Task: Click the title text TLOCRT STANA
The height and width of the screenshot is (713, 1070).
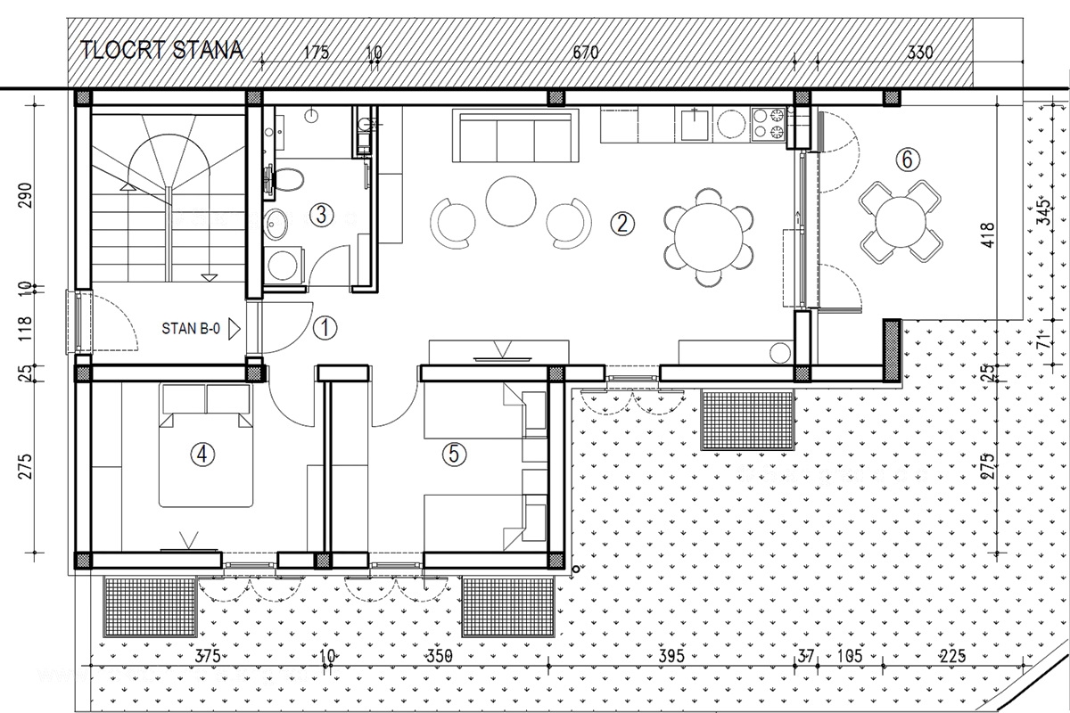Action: tap(161, 51)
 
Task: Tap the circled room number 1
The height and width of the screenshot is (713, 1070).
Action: tap(325, 328)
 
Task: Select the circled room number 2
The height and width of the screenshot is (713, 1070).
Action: tap(622, 223)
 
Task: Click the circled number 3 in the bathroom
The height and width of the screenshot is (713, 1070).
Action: tap(321, 215)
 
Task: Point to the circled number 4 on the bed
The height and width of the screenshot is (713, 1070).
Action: tap(202, 455)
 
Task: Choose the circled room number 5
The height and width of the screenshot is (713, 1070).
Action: tap(454, 454)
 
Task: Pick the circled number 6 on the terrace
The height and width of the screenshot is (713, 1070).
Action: tap(908, 160)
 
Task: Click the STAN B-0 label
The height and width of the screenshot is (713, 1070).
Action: tap(191, 329)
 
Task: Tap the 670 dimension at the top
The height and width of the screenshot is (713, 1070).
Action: tap(586, 52)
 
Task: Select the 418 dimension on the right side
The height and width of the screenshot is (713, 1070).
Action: tap(987, 234)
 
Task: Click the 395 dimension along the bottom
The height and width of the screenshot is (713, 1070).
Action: tap(671, 656)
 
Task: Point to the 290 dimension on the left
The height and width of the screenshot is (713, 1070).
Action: tap(25, 195)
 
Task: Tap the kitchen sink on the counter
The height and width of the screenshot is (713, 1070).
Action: tap(694, 124)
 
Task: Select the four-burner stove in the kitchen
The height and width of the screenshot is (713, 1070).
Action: tap(768, 125)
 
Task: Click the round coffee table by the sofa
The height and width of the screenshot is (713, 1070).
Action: tap(511, 201)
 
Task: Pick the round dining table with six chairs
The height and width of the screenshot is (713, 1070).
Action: tap(709, 237)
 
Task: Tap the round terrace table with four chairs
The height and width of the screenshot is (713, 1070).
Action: tap(901, 222)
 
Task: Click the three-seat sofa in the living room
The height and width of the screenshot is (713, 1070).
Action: tap(515, 135)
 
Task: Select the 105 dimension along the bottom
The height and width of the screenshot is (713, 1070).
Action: tap(850, 656)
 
